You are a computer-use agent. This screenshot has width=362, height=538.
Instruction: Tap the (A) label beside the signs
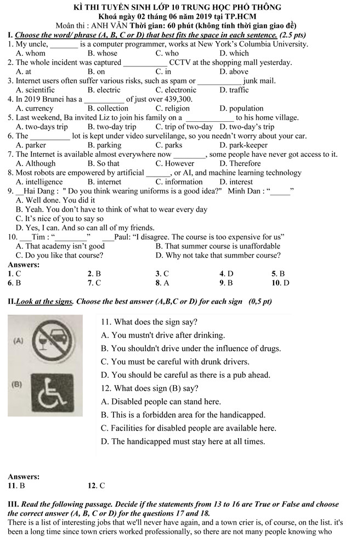(18, 341)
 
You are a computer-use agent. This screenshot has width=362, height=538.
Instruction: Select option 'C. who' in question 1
(167, 53)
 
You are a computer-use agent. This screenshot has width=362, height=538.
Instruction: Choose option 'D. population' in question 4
(241, 109)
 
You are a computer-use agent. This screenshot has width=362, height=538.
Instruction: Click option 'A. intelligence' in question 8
(39, 182)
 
